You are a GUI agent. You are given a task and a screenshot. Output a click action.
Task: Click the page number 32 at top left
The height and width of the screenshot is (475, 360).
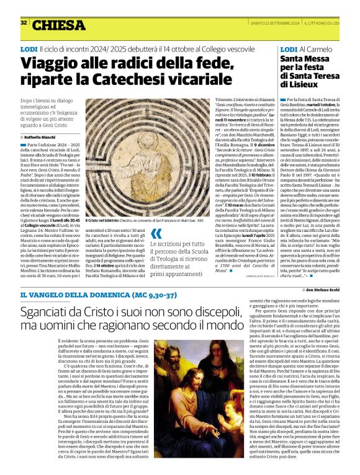24,22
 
